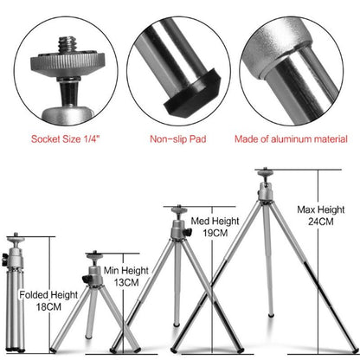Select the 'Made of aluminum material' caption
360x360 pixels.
pyautogui.click(x=296, y=138)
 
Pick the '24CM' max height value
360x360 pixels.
pyautogui.click(x=319, y=222)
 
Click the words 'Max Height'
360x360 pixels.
pyautogui.click(x=319, y=209)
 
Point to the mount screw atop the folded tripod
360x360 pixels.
pyautogui.click(x=13, y=236)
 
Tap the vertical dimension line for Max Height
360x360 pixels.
pyautogui.click(x=319, y=260)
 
